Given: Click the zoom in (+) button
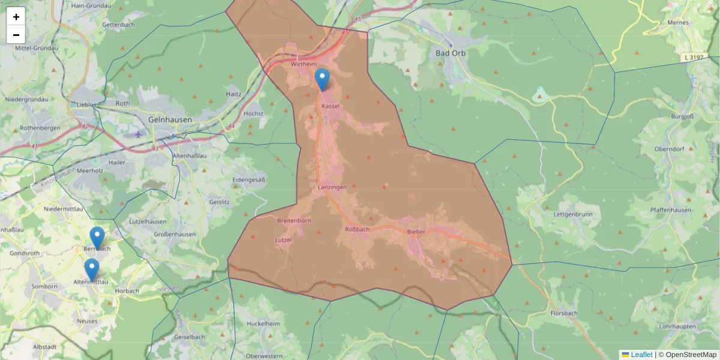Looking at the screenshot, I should pos(16,17).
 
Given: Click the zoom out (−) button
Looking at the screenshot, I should pos(16,35).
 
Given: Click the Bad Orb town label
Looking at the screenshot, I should pos(450,53).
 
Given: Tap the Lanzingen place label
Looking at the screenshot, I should pos(332,187).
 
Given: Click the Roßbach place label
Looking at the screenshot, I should pos(357,229).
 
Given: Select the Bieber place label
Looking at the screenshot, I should pos(416,232).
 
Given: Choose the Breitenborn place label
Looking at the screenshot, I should pos(294,221).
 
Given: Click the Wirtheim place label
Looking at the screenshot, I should pos(302,64).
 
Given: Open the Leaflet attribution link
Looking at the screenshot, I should pos(641,355).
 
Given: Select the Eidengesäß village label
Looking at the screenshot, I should pos(248,179).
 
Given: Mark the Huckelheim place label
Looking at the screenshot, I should pos(263,323).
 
